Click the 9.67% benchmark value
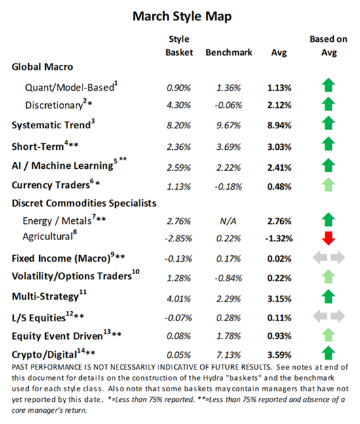tap(225, 123)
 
